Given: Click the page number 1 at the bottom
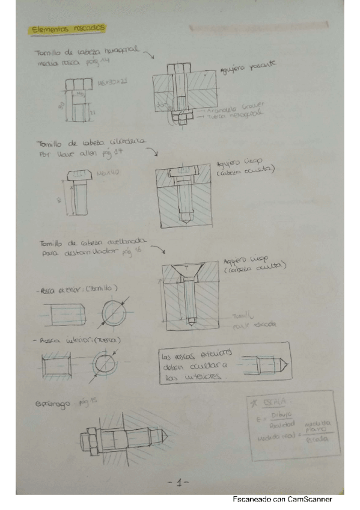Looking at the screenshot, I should click(x=180, y=482).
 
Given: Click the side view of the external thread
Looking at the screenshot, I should click(x=66, y=313).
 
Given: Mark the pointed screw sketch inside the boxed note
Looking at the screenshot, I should click(x=263, y=364).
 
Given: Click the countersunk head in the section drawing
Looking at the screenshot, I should click(x=190, y=271).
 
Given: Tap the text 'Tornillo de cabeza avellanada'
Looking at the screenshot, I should click(x=89, y=244).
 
